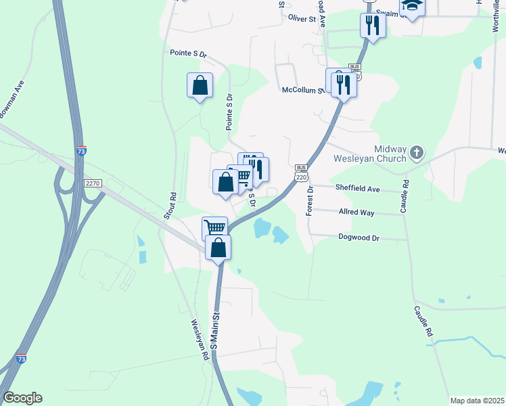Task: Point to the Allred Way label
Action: click(356, 212)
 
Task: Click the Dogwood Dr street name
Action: click(359, 238)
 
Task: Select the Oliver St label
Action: click(302, 19)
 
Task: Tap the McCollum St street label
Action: click(302, 89)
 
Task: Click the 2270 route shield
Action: click(93, 183)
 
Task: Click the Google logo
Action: click(22, 398)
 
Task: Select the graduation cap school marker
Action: click(411, 6)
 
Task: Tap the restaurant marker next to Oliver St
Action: click(372, 26)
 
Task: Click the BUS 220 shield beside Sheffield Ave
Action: click(302, 173)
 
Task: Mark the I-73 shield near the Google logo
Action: click(22, 358)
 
